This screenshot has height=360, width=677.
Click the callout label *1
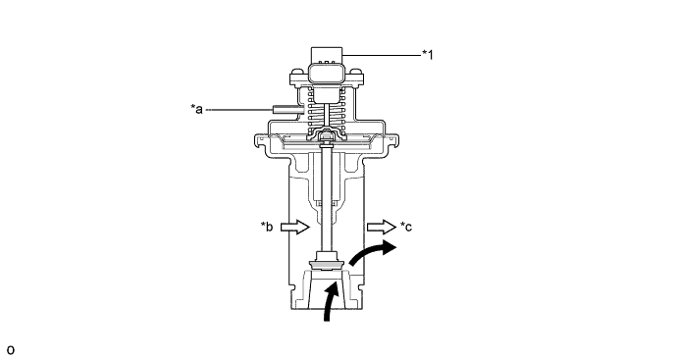pos(427,55)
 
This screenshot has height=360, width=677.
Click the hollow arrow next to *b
pos(293,227)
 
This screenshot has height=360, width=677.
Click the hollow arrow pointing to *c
pos(378,227)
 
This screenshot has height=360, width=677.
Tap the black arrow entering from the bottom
pos(330,300)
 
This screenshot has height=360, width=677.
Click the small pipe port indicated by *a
pos(283,108)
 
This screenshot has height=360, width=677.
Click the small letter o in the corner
pos(11,348)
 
